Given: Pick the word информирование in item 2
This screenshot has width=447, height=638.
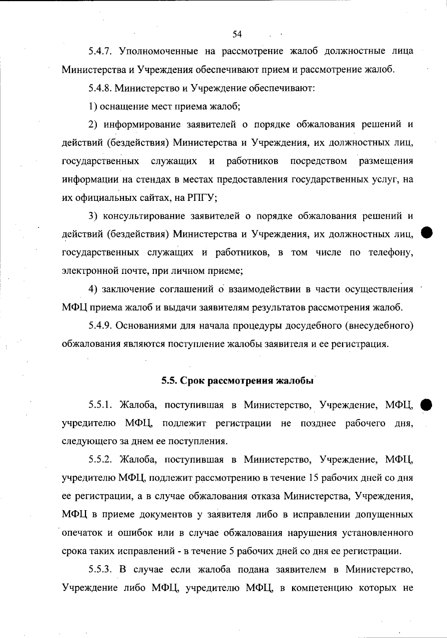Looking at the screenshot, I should coord(149,124).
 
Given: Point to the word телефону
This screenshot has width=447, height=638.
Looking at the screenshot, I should coord(391,253).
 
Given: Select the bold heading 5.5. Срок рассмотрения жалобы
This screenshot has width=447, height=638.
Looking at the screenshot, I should coord(237,381).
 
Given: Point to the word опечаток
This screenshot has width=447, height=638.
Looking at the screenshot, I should coord(82,533).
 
